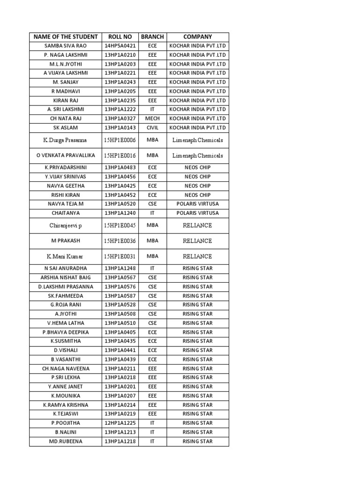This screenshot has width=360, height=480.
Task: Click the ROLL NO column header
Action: tap(120, 37)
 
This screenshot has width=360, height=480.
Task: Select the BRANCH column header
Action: tap(152, 37)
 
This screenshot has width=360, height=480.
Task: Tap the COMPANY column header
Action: tap(197, 37)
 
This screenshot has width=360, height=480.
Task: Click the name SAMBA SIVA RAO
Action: tap(65, 46)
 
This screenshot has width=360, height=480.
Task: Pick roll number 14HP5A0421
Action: tap(120, 46)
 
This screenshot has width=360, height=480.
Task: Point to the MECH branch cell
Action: tap(152, 119)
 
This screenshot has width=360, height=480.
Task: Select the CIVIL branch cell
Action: tap(152, 127)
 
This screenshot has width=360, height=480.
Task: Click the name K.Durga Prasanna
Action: tap(65, 140)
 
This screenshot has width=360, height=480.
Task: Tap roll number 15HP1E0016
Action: tap(120, 156)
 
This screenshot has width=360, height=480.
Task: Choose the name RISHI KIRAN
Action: tap(65, 195)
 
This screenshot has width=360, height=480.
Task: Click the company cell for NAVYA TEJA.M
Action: tap(197, 204)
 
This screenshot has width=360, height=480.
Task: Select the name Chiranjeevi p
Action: tap(65, 225)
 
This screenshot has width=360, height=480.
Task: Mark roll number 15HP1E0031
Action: tap(120, 256)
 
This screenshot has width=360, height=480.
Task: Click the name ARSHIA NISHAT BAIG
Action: tap(65, 277)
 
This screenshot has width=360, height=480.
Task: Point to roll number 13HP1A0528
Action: tap(120, 305)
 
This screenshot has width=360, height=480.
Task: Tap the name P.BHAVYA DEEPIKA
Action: tap(65, 332)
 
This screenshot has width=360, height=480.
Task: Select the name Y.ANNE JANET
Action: tap(65, 387)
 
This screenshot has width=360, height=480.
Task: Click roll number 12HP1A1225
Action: tap(120, 423)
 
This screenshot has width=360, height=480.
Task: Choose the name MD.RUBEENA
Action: tap(65, 441)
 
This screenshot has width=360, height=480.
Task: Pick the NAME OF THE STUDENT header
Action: tap(65, 37)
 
